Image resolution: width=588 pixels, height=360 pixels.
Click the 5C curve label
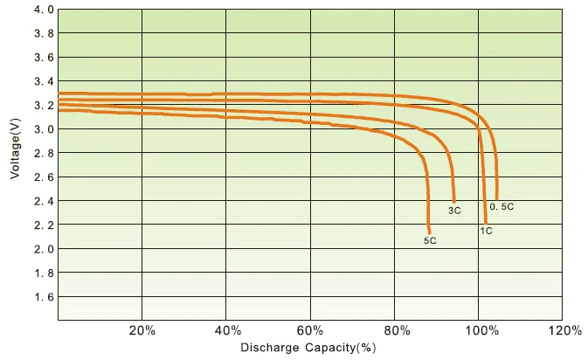click(x=430, y=241)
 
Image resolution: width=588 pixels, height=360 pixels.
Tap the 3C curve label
click(x=454, y=211)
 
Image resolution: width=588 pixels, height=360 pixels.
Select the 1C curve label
click(x=486, y=231)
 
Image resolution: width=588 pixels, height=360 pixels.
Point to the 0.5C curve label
click(x=502, y=206)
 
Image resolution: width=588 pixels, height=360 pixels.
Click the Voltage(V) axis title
click(x=15, y=149)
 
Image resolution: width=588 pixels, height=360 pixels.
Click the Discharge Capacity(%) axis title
click(x=308, y=348)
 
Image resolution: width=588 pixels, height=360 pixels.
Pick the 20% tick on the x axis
click(x=142, y=331)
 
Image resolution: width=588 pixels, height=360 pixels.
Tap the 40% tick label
click(x=227, y=331)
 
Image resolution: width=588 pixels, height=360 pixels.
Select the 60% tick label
click(x=310, y=331)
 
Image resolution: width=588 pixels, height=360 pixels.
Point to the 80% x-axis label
click(x=397, y=331)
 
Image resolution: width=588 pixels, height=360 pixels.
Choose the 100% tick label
click(x=482, y=331)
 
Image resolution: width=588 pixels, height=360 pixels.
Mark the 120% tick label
click(x=565, y=331)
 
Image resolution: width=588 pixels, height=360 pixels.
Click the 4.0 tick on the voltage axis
click(x=45, y=10)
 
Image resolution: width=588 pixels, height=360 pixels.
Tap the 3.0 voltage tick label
click(x=45, y=129)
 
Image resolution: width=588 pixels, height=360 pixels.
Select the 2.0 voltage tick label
click(x=45, y=249)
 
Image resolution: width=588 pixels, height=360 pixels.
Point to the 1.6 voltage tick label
click(x=45, y=297)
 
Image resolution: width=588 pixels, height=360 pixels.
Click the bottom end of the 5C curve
click(x=429, y=233)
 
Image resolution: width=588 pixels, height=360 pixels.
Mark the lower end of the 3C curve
click(x=454, y=202)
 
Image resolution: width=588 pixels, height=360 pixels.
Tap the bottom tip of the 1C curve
click(x=486, y=224)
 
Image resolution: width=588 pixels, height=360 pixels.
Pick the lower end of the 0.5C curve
click(x=497, y=199)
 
